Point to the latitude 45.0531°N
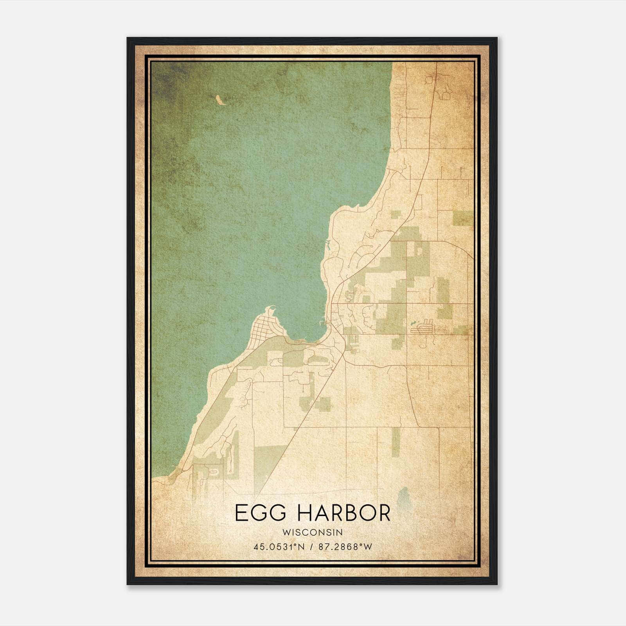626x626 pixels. click(x=279, y=547)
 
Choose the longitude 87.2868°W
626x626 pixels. click(x=345, y=547)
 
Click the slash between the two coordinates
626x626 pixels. click(x=311, y=547)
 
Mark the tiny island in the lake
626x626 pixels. click(x=220, y=101)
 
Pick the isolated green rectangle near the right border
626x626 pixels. click(x=463, y=218)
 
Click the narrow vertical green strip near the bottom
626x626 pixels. click(x=396, y=442)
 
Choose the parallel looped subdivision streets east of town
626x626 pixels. click(x=425, y=326)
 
